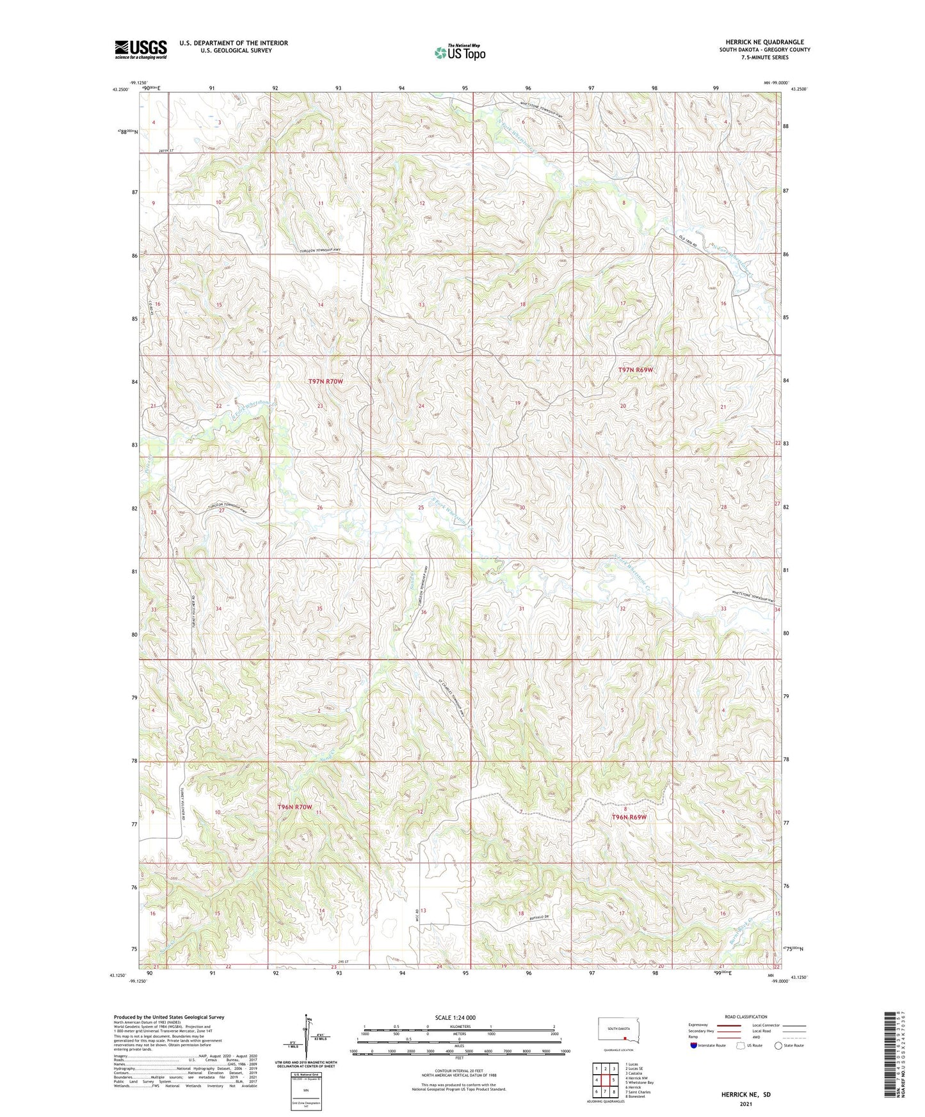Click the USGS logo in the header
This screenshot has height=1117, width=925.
(141, 49)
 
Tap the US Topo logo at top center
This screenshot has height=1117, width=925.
(459, 52)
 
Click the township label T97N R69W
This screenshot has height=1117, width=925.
(636, 370)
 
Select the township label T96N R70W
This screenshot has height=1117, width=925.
(294, 807)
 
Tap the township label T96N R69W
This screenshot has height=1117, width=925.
(629, 818)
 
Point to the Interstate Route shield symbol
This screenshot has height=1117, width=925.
(694, 1045)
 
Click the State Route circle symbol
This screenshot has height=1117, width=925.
(778, 1045)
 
